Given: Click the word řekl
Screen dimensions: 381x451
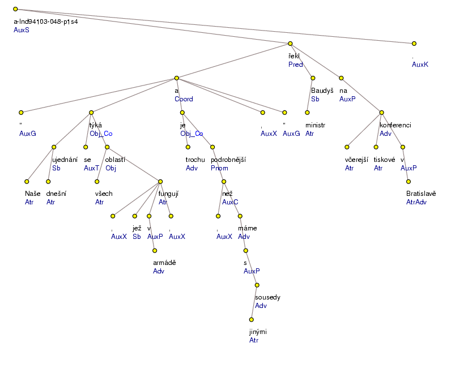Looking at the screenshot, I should click(x=293, y=55).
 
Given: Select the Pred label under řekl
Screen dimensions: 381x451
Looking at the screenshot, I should click(x=295, y=65).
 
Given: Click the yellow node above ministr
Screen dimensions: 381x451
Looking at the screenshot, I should click(x=307, y=112).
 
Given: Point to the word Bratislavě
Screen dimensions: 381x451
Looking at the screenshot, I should click(x=421, y=194).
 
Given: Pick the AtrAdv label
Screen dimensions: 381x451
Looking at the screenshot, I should click(x=416, y=202).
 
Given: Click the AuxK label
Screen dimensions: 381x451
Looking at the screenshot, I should click(x=420, y=65).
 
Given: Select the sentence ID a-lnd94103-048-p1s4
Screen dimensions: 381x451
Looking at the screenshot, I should click(x=45, y=22).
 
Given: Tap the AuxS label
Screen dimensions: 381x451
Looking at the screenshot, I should click(x=21, y=30).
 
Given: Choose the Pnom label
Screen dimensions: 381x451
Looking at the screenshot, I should click(x=219, y=168).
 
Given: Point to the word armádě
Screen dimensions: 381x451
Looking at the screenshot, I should click(x=164, y=262).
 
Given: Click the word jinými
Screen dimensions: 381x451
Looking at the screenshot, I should click(x=259, y=331).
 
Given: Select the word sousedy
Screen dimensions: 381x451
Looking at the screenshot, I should click(x=267, y=297).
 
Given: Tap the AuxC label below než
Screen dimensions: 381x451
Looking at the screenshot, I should click(x=231, y=202).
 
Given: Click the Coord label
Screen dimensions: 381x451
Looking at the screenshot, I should click(x=184, y=99).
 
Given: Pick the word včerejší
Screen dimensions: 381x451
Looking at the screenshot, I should click(x=358, y=160).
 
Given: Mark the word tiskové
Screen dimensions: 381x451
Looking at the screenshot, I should click(x=385, y=160).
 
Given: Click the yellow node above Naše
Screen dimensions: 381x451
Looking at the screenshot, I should click(x=27, y=182).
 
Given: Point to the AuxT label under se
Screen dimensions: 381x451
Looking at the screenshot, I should click(x=91, y=168).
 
